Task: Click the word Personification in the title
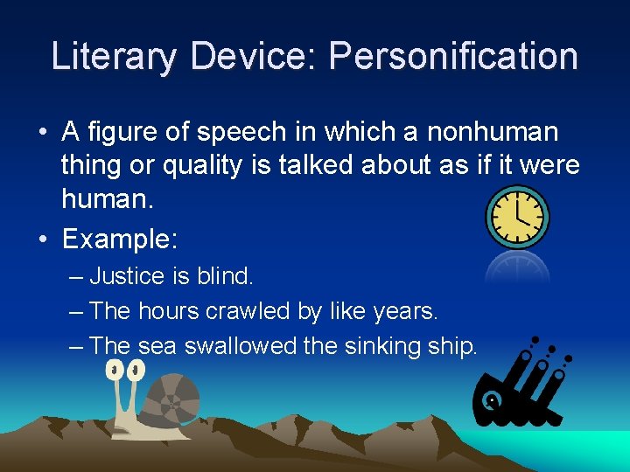(452, 56)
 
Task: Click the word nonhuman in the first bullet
(493, 132)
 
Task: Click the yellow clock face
(516, 217)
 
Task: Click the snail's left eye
(113, 370)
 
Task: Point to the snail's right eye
(136, 371)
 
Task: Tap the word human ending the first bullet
(105, 199)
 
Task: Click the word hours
(167, 310)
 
